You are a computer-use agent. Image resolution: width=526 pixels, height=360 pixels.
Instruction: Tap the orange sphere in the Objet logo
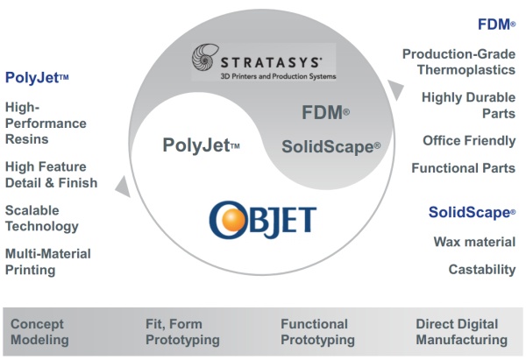228,218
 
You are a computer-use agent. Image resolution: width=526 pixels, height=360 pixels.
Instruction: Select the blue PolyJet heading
37,78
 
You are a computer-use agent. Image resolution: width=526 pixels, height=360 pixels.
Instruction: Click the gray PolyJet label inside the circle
201,145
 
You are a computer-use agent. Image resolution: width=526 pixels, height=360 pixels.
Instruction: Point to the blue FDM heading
496,25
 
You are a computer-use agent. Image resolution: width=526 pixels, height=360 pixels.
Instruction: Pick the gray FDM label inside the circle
325,112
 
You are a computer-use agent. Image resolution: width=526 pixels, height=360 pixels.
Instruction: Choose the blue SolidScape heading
472,212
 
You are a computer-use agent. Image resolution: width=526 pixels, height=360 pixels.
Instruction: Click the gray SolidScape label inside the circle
331,147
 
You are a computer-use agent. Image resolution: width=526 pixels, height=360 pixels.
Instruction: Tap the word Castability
482,270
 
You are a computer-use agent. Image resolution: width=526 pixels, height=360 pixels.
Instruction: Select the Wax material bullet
474,242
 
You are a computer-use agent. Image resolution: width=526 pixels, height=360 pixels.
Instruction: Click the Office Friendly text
469,141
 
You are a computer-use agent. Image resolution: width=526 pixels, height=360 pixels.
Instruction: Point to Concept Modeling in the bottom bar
39,332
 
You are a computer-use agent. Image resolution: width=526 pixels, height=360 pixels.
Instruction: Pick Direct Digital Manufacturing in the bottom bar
462,332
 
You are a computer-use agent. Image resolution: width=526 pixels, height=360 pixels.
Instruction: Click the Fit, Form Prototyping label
182,332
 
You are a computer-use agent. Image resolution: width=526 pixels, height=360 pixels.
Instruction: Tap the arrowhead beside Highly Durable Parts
395,90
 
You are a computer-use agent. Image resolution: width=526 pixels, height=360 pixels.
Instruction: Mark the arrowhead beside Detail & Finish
124,187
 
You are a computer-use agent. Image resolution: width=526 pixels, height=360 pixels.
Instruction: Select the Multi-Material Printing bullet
48,262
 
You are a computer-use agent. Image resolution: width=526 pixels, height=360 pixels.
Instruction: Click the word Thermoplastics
466,70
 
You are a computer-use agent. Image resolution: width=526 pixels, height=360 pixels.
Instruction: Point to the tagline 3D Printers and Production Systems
278,76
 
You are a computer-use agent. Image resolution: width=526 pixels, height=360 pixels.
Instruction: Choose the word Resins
27,139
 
